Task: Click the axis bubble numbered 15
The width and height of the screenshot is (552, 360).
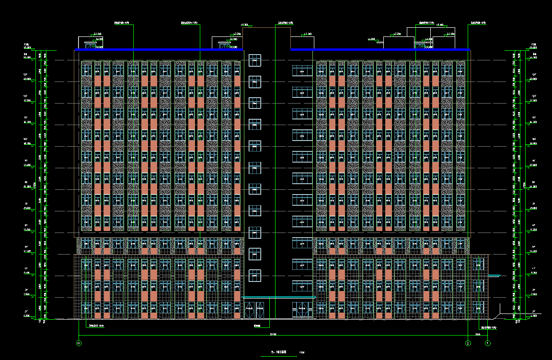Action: pyautogui.click(x=79, y=343)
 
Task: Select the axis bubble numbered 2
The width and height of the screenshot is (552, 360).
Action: pyautogui.click(x=468, y=343)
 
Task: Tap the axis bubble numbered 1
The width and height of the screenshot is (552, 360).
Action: pyautogui.click(x=487, y=343)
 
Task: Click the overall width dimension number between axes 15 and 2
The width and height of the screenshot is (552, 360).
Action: pyautogui.click(x=273, y=334)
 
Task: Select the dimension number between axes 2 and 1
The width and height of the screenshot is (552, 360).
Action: pyautogui.click(x=478, y=334)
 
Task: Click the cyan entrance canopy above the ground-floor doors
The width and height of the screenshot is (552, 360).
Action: pyautogui.click(x=279, y=297)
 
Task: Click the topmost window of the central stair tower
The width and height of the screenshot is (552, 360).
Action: pyautogui.click(x=255, y=60)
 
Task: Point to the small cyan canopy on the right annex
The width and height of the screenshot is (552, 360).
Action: pyautogui.click(x=494, y=276)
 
